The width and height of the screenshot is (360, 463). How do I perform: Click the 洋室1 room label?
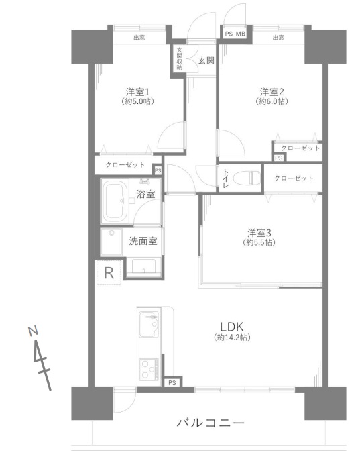pos(138,91)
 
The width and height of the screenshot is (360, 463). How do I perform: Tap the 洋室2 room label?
pos(272,91)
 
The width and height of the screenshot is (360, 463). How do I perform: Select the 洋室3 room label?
pos(259,233)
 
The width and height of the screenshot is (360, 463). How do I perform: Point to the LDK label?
pos(232,327)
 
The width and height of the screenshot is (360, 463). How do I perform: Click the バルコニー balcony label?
pos(211,423)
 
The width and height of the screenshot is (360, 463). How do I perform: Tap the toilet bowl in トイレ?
pos(247,178)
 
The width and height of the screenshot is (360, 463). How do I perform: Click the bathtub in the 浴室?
pos(115,201)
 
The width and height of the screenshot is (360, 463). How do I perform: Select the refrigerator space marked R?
pos(109,273)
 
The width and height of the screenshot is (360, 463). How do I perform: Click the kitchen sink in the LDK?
pos(149,324)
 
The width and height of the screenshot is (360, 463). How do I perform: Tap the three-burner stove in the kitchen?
pos(149,369)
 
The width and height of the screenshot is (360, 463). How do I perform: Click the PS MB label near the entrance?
pos(235,34)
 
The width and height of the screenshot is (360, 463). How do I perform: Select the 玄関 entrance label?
pos(206,60)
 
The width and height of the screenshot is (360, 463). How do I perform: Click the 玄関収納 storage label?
pos(179,58)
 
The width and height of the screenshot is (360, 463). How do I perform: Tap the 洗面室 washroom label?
pos(143,242)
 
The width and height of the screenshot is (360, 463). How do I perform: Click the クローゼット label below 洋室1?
pos(125,165)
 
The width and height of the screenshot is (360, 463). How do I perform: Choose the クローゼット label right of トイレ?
pos(294,178)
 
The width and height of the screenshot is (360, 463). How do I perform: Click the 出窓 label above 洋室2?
pos(278,38)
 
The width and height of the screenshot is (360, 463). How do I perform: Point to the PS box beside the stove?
pos(172,382)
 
